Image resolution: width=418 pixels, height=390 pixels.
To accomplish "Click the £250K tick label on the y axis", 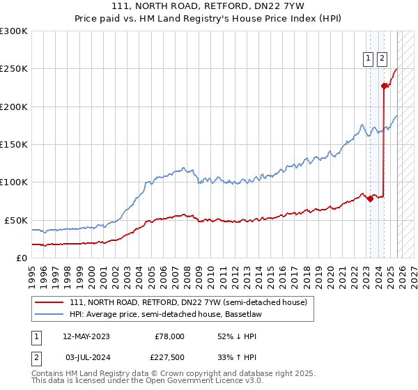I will click(14, 69).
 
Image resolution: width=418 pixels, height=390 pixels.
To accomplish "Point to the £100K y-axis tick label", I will click(14, 182).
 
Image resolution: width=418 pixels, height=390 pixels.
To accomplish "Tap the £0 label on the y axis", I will click(21, 258).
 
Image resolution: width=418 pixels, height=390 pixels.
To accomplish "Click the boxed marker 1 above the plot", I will click(368, 59).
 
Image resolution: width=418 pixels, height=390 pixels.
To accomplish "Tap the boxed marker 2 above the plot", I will click(382, 59).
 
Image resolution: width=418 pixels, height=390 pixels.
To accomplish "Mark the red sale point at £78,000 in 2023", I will click(370, 199).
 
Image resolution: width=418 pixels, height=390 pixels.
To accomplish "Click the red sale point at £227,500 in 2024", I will click(384, 86).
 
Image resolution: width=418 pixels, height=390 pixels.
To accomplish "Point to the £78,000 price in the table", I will click(169, 336).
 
